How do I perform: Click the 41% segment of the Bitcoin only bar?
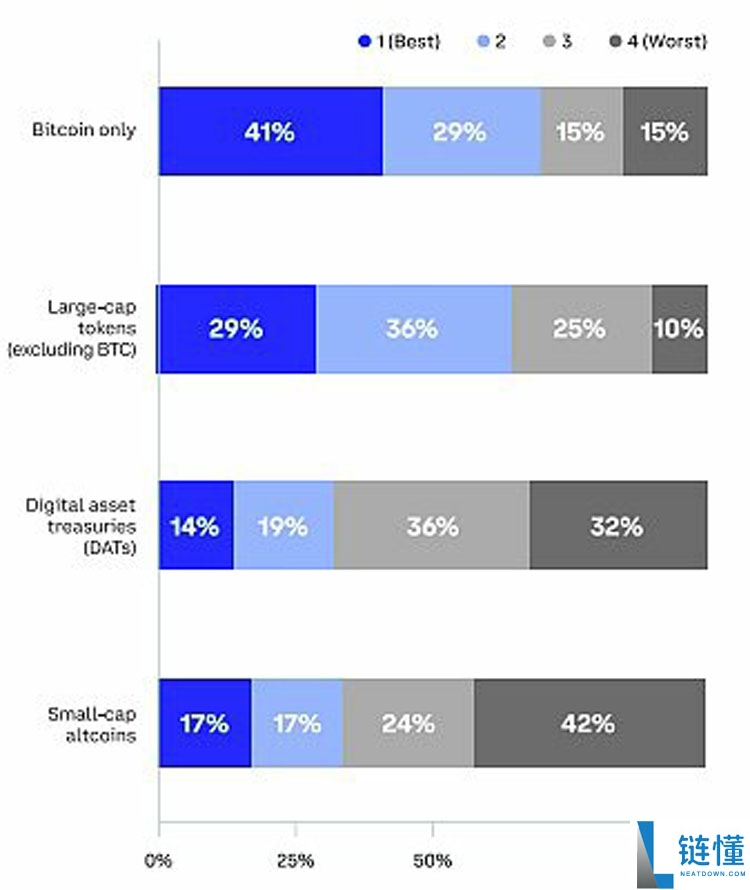(270, 131)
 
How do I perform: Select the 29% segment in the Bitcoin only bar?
(461, 131)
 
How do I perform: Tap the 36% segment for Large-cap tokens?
(413, 329)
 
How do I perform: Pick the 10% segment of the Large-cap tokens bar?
(679, 329)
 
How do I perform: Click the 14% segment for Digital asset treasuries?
(196, 526)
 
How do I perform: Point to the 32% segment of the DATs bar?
(618, 526)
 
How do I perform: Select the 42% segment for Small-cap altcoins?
(589, 723)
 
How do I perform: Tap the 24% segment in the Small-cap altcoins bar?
(408, 723)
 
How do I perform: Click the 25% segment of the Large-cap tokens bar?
(581, 329)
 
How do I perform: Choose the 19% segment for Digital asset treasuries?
(283, 526)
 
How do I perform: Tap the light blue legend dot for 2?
(486, 41)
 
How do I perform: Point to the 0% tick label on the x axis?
(158, 859)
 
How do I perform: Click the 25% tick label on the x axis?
(295, 859)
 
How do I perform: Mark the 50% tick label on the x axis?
(432, 859)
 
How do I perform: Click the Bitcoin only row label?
(84, 130)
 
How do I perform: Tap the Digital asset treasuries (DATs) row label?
(81, 526)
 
